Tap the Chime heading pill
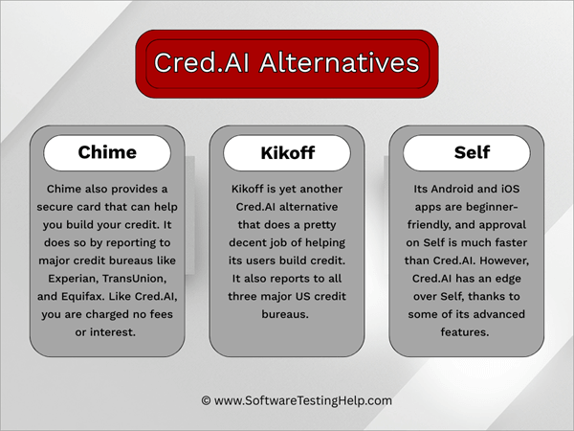point(107,152)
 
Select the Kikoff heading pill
point(287,152)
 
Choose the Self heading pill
point(466,152)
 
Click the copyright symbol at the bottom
point(207,400)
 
